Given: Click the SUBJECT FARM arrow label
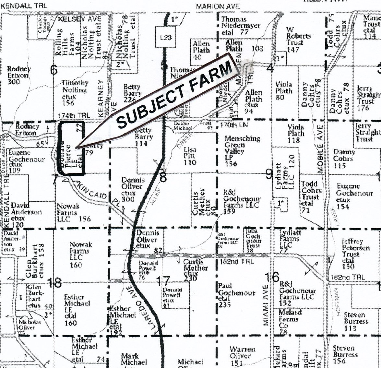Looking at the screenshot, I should click(x=175, y=94).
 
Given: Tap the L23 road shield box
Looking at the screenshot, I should click(x=166, y=37).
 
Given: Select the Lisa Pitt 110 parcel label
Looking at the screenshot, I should click(x=190, y=156).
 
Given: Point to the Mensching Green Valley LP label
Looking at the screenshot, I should click(x=242, y=151).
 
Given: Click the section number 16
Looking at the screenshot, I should click(x=272, y=277).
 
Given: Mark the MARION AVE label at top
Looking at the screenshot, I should click(x=218, y=6).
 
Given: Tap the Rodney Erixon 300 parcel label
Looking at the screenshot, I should click(x=19, y=75).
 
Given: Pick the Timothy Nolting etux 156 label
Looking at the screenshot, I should click(x=75, y=93).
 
